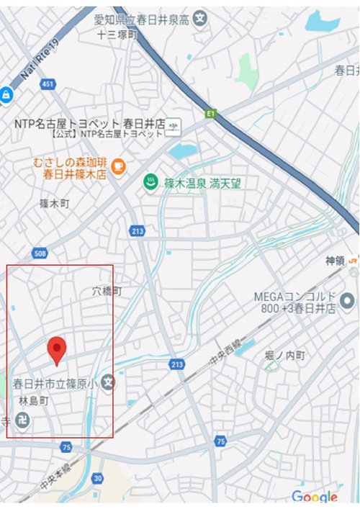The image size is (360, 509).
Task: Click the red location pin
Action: (x=58, y=350)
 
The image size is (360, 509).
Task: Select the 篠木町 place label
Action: (x=55, y=204)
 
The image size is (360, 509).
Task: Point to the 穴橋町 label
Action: (x=108, y=292)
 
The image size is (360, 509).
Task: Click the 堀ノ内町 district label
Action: (x=285, y=356)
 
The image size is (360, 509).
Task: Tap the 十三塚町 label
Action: (x=117, y=34)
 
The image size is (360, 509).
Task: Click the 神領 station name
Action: (x=336, y=261)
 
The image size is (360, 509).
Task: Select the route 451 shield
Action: (x=48, y=85)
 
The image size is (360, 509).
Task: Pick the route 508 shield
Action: (x=40, y=253)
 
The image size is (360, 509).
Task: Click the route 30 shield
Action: (x=98, y=478)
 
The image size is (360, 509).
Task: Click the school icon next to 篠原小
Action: (x=108, y=381)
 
